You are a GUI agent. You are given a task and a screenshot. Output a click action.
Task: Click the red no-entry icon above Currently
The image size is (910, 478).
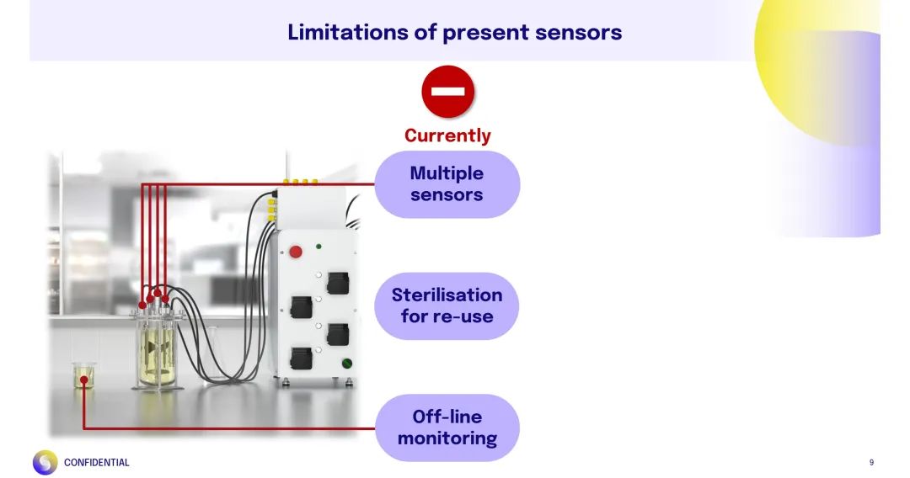447,91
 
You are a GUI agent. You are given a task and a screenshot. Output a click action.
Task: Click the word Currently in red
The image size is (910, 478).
447,135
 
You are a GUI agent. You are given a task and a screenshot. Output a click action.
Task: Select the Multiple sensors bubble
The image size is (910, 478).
447,184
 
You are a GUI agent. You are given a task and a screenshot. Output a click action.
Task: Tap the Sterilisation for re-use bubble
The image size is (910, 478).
447,305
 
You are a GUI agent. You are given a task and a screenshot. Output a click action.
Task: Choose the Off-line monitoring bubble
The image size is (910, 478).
447,428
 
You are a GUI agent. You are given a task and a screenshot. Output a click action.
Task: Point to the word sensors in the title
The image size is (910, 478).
578,32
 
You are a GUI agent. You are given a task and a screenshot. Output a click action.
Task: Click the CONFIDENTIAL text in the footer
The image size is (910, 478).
97,462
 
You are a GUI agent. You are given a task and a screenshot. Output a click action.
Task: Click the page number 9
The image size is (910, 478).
871,462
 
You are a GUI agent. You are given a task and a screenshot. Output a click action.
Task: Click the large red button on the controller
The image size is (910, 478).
296,251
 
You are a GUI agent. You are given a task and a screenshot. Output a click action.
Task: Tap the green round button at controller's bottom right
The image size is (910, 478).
346,364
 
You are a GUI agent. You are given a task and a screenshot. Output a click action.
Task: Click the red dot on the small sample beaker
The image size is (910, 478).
84,380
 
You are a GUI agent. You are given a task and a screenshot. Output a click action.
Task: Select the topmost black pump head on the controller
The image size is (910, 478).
338,283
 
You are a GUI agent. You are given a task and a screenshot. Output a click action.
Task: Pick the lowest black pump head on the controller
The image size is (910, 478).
301,358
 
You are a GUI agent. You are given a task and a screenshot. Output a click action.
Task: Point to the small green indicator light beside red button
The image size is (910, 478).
318,247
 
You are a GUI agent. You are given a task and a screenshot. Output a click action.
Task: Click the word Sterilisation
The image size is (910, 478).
447,295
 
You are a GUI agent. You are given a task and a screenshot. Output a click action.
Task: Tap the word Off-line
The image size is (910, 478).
447,417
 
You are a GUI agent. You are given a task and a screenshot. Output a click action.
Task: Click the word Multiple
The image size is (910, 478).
447,173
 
